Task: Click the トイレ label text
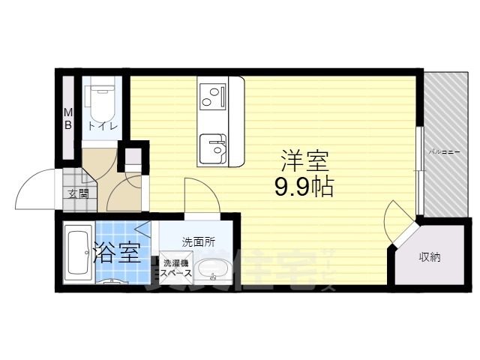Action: point(101,126)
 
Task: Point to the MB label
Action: point(67,119)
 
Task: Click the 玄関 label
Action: point(77,193)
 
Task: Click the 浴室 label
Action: point(116,252)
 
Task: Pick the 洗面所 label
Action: point(199,242)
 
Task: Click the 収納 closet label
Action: point(430,257)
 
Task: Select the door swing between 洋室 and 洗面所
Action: point(199,196)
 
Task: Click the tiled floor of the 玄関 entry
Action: point(75,181)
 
